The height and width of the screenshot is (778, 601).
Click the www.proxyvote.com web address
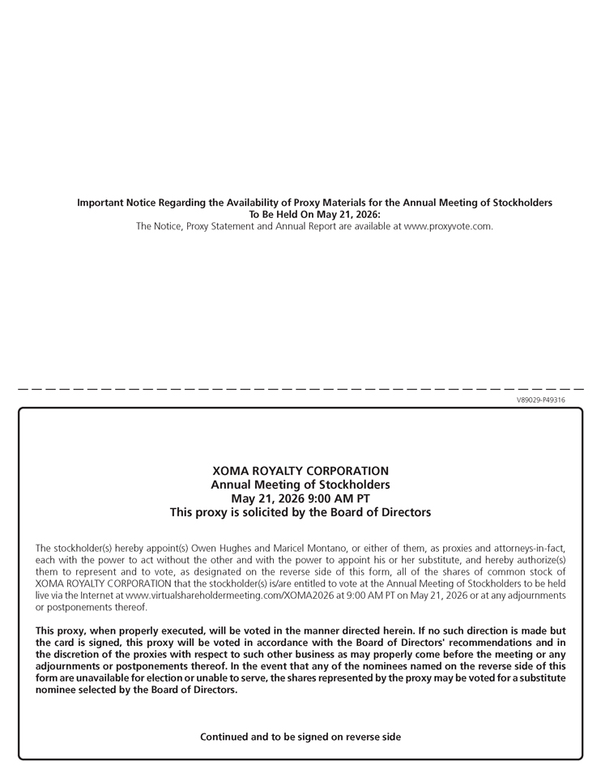448,226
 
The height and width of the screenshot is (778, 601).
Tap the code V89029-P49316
540,400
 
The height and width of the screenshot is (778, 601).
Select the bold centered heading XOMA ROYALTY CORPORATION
300,471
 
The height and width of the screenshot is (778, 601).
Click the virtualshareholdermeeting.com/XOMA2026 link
213,596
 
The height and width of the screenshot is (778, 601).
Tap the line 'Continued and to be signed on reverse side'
300,737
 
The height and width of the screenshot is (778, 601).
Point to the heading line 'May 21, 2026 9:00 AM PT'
300,498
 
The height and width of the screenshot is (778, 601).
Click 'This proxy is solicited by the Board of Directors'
300,512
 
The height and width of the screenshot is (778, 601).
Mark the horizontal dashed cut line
300,390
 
